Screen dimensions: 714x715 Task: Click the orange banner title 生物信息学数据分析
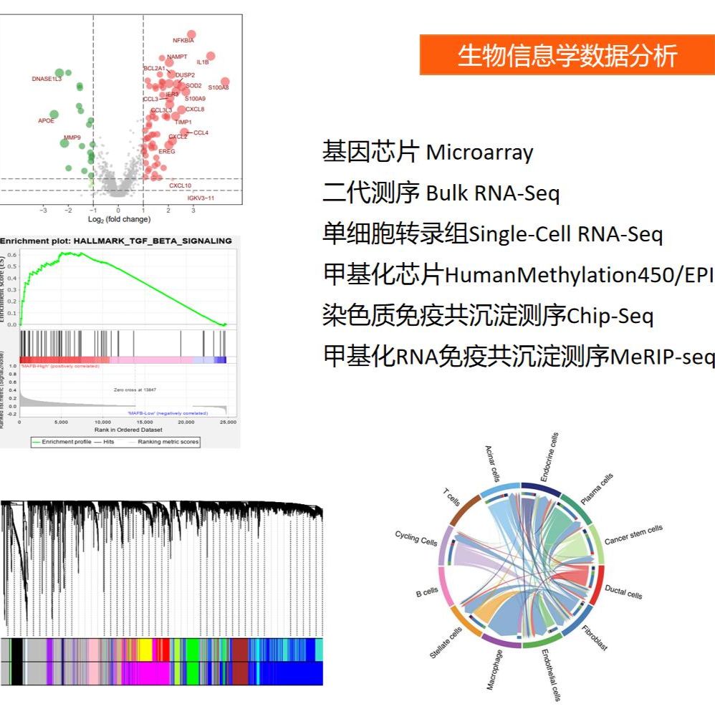pyautogui.click(x=567, y=55)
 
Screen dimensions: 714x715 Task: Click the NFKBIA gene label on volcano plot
pyautogui.click(x=183, y=41)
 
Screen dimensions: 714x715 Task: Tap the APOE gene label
pyautogui.click(x=46, y=121)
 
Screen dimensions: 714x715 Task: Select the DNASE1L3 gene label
pyautogui.click(x=47, y=79)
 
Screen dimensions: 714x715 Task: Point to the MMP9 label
pyautogui.click(x=72, y=137)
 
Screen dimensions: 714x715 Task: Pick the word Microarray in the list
pyautogui.click(x=479, y=153)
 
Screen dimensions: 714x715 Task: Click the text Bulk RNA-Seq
pyautogui.click(x=493, y=193)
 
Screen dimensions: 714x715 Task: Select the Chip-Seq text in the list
pyautogui.click(x=610, y=316)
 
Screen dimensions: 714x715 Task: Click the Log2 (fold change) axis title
pyautogui.click(x=119, y=219)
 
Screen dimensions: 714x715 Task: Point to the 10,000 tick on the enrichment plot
pyautogui.click(x=102, y=423)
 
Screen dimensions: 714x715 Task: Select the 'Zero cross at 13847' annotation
pyautogui.click(x=135, y=390)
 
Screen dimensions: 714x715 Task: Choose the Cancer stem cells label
pyautogui.click(x=633, y=535)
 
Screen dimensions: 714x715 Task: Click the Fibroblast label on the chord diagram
pyautogui.click(x=595, y=637)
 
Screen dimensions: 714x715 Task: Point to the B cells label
pyautogui.click(x=427, y=592)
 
